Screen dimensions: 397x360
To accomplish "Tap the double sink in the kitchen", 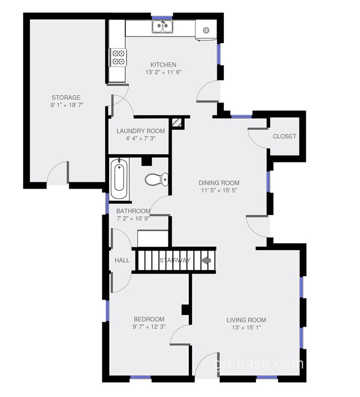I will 163,26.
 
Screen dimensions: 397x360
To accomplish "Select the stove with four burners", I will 119,58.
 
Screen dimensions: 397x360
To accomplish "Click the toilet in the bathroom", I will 154,179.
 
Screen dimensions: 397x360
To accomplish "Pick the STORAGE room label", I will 66,98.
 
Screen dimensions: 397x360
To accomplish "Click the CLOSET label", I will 285,136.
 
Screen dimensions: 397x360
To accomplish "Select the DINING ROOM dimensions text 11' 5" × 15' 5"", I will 219,191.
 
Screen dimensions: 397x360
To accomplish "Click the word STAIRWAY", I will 175,260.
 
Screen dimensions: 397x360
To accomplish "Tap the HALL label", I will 122,260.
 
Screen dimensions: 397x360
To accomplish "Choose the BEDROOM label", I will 149,319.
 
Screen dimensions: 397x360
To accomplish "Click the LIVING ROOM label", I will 246,320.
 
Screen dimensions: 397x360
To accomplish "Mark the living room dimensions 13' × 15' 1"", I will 246,327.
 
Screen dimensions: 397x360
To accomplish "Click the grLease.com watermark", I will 259,365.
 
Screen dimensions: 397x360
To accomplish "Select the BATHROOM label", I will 133,211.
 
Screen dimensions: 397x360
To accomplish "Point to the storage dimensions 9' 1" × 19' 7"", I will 66,105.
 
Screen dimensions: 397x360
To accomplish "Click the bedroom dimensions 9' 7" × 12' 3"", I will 149,327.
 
